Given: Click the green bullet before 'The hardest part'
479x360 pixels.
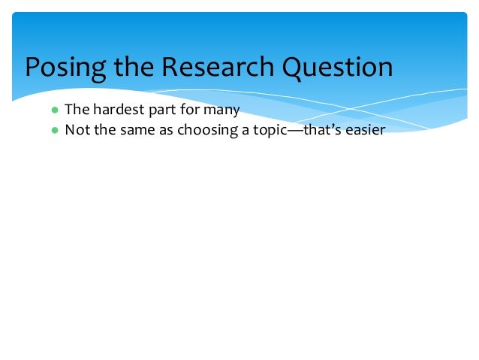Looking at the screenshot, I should coord(54,110).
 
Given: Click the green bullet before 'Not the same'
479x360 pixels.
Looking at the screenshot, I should coord(54,129).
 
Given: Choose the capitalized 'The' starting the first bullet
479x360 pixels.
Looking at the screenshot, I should coord(77,110).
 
